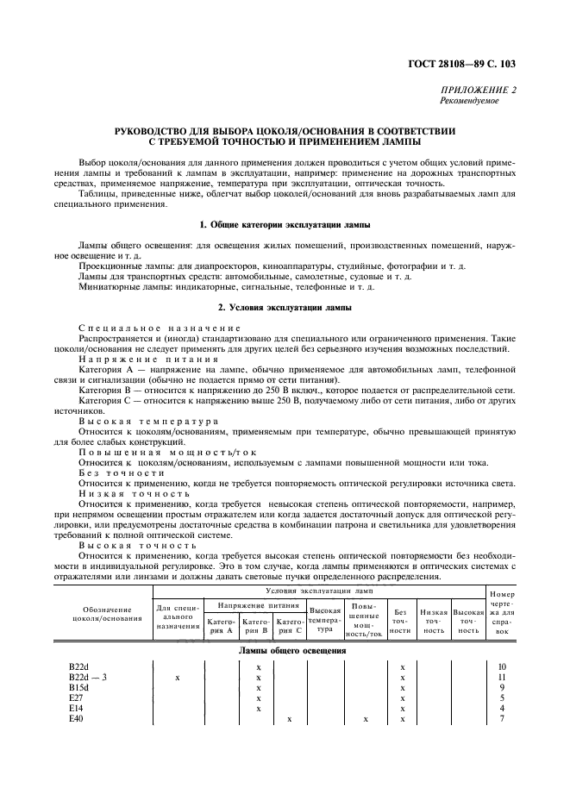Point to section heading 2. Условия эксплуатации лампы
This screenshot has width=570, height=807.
pyautogui.click(x=285, y=308)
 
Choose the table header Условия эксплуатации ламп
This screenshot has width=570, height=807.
pyautogui.click(x=319, y=591)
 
